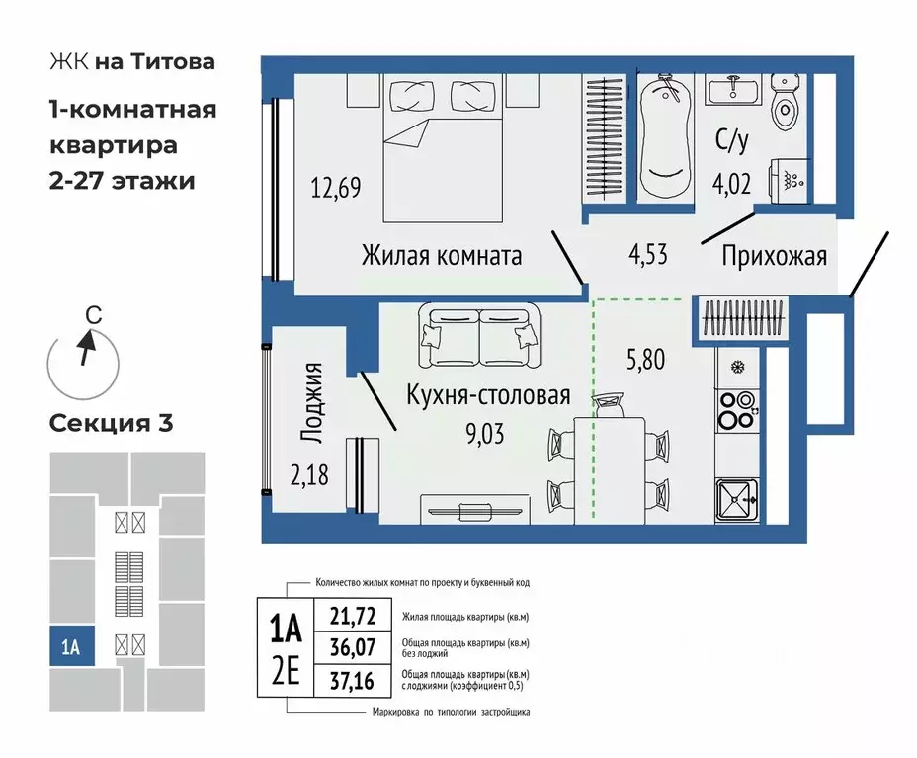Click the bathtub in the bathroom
click(x=664, y=138)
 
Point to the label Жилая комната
click(x=441, y=256)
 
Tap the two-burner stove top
click(x=736, y=411)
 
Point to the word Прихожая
click(x=774, y=256)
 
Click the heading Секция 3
click(x=112, y=424)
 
